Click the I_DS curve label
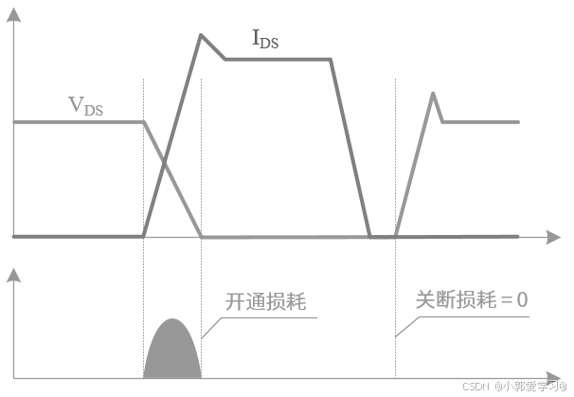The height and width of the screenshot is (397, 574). tap(264, 39)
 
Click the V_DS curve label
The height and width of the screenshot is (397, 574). tap(86, 106)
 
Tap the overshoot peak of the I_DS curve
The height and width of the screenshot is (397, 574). tap(201, 35)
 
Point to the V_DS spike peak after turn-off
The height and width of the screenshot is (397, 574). tap(433, 93)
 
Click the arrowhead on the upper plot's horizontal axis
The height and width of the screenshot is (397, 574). tap(549, 235)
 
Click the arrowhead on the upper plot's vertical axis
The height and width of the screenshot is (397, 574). tap(13, 27)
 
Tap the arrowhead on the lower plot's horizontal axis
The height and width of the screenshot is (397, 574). tap(550, 380)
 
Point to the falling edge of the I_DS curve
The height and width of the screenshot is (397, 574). tap(350, 147)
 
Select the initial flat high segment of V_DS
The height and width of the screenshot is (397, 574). tap(76, 122)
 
